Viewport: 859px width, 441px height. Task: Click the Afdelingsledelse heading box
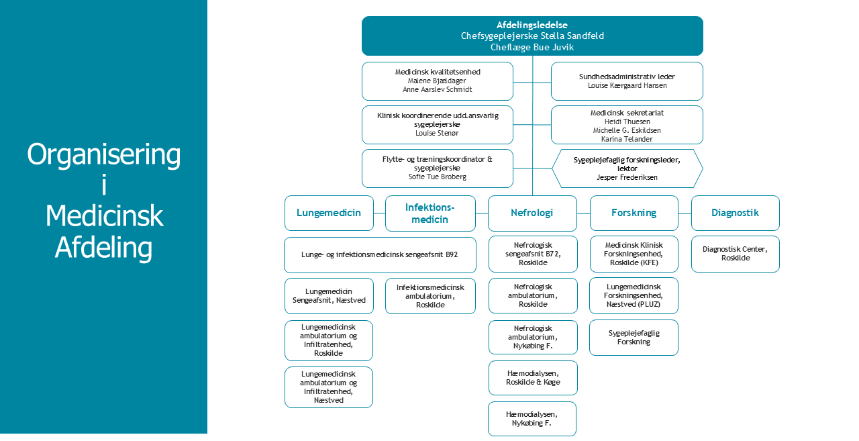(x=532, y=26)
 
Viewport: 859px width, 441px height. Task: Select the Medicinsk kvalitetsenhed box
(x=437, y=81)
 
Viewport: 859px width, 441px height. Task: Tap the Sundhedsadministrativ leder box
(x=627, y=81)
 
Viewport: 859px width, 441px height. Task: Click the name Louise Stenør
(x=437, y=133)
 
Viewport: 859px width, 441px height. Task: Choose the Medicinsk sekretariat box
(x=627, y=125)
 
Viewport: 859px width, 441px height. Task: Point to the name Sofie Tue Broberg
(x=437, y=177)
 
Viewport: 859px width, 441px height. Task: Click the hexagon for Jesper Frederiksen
(x=627, y=168)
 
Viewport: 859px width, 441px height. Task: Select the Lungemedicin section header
(x=329, y=213)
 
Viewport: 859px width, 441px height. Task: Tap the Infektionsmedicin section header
(x=430, y=213)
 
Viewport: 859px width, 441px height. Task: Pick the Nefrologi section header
(x=532, y=213)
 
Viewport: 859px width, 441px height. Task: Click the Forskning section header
(x=634, y=213)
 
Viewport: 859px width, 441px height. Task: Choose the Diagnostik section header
(x=735, y=213)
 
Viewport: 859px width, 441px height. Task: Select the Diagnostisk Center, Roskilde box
(x=735, y=254)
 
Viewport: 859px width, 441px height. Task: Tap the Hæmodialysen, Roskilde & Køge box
(x=533, y=377)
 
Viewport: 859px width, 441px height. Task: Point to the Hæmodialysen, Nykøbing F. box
(x=532, y=419)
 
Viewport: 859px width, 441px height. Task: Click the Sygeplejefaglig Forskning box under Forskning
(x=634, y=337)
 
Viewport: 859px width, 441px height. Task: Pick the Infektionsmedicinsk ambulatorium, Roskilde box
(x=430, y=296)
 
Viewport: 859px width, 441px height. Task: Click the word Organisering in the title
(x=104, y=155)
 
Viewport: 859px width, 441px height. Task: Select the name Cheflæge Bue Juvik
(x=532, y=47)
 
